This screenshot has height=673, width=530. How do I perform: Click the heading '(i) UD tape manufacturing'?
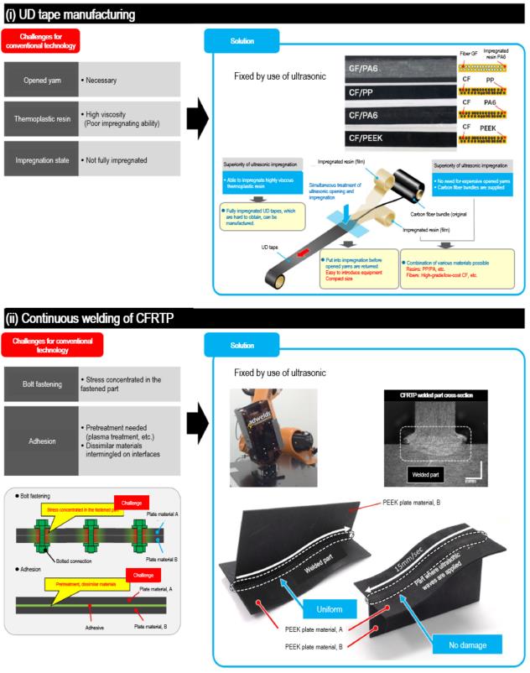point(72,14)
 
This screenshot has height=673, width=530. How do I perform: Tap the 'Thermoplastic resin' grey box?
point(40,118)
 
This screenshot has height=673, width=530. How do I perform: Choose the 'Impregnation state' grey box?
point(40,159)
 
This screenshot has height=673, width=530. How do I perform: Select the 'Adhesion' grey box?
point(40,430)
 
